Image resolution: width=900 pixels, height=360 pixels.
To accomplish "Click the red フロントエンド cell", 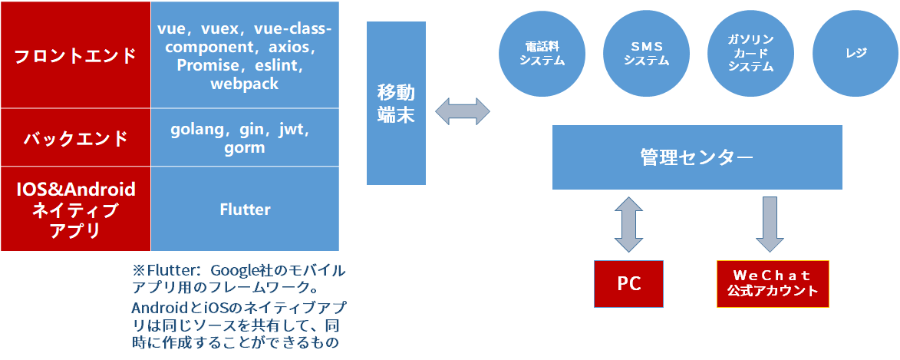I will click(75, 55).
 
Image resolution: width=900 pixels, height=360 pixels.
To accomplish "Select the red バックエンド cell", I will click(75, 138).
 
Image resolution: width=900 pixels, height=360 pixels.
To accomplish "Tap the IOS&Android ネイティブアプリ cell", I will click(75, 209).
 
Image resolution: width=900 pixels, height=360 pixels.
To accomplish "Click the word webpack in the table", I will click(245, 84).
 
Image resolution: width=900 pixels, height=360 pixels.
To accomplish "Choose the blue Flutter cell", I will click(245, 209).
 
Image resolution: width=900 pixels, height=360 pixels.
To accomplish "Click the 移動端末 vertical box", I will click(396, 103).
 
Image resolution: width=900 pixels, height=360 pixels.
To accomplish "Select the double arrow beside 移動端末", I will click(463, 111).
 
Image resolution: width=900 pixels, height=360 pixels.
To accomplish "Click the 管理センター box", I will click(697, 157).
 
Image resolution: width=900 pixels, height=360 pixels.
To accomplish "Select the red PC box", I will click(629, 283).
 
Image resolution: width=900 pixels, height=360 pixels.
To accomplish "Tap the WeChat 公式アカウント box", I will click(772, 284).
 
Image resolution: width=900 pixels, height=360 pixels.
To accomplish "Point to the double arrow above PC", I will click(629, 223).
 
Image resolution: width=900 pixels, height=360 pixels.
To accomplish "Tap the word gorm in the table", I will click(245, 147).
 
